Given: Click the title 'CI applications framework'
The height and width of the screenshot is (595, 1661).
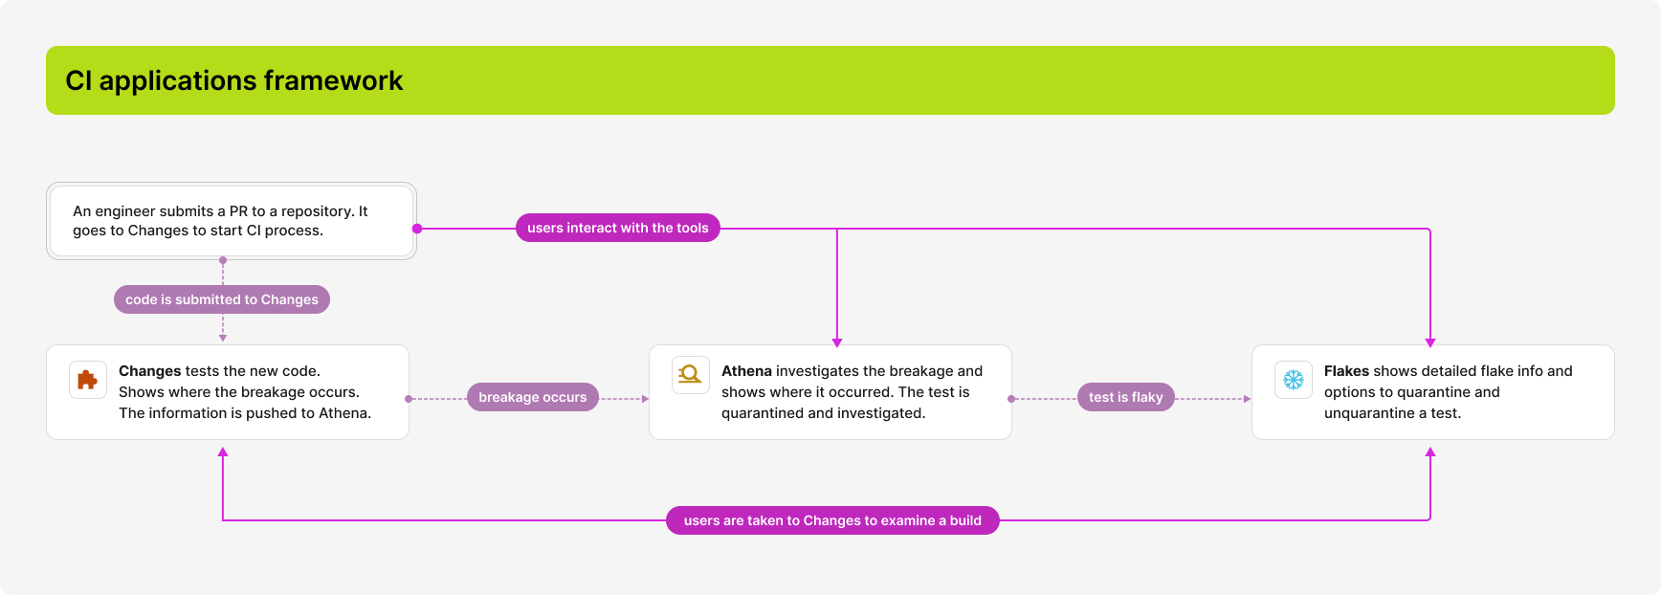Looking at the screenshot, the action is pos(234,81).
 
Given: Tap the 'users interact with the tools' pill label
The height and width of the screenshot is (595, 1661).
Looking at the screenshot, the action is pos(617,228).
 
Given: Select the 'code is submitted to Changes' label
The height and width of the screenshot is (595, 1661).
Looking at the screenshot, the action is pos(222,299).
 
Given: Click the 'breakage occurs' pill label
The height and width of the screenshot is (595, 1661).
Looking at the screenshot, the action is pos(532,397).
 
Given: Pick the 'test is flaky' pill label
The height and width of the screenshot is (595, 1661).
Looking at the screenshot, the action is pos(1125,397).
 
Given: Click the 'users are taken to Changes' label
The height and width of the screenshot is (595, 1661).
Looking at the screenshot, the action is pos(832,520).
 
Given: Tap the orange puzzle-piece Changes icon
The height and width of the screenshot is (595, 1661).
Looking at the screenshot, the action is pos(87,380).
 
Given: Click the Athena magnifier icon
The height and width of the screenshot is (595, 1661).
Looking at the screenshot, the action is pos(690,375).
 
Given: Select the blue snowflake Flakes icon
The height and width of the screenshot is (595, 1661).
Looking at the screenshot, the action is pos(1293,380).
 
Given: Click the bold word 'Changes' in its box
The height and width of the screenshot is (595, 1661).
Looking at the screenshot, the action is pos(149,371).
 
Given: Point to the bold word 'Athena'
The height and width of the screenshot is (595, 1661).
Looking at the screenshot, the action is pos(746,371).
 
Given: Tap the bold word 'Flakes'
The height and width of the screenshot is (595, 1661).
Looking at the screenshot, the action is pos(1346,371).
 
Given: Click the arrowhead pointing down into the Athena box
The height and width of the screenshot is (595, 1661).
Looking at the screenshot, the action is pos(837,342).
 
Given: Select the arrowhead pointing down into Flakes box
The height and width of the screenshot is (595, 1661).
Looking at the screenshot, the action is pos(1430,342).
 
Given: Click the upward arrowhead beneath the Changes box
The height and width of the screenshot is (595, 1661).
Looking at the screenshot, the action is pos(223,452).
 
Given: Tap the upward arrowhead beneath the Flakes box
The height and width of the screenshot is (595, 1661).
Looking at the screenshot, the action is pos(1430,452).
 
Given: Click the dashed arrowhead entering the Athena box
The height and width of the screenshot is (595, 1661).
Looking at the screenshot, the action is pos(645,399).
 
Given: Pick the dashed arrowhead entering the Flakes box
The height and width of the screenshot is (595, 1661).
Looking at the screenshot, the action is pos(1247,399).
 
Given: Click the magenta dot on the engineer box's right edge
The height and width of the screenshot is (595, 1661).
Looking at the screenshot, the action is pos(417,229).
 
